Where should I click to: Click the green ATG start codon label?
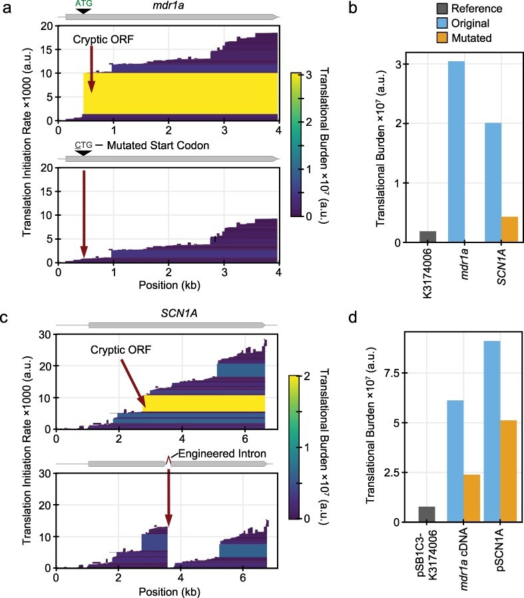coord(84,4)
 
